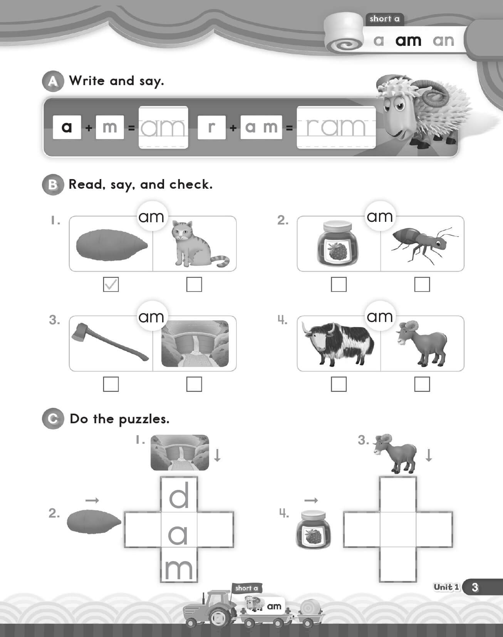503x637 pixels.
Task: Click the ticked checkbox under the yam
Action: pos(111,285)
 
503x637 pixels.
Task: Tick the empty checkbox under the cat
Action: pos(194,285)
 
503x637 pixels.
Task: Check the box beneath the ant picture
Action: pos(422,285)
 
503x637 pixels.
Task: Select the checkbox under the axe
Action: pos(111,384)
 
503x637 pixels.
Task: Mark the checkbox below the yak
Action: pos(339,384)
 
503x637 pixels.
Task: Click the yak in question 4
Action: pos(337,344)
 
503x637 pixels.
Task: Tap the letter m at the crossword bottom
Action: pos(179,568)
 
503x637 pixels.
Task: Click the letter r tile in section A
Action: pos(211,127)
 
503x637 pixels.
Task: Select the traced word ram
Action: pos(336,127)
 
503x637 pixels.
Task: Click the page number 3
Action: pos(475,587)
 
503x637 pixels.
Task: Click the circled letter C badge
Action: pos(53,419)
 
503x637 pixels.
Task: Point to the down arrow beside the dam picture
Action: pos(217,455)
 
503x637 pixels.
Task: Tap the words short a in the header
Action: pos(384,18)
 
